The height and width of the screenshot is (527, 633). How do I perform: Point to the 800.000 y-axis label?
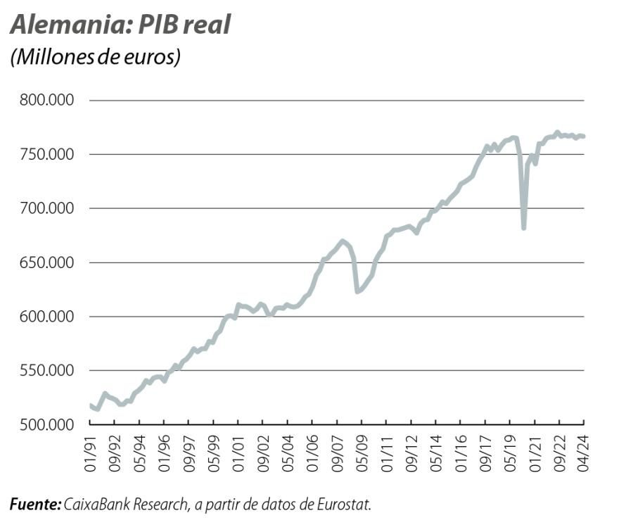[46, 101]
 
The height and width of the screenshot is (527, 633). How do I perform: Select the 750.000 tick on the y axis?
[46, 155]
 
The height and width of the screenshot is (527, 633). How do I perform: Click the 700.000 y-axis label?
[46, 209]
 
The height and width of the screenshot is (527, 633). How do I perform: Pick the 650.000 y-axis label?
[46, 262]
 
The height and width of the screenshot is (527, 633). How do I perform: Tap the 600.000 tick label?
[46, 317]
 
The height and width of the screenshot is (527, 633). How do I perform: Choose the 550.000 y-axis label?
[46, 371]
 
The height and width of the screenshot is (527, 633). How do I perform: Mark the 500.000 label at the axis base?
[46, 424]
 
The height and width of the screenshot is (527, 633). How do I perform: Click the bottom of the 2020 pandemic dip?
[523, 228]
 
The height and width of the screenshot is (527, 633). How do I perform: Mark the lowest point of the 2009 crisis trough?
[357, 291]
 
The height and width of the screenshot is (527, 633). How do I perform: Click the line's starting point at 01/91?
[91, 405]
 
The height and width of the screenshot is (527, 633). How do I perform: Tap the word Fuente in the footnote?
[34, 504]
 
